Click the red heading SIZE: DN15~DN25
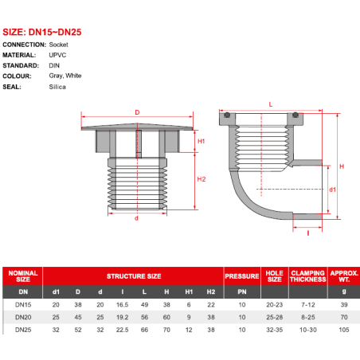42,32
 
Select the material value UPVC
57,55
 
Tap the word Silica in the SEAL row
57,87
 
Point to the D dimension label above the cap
137,112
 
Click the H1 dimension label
202,141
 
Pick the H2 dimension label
202,179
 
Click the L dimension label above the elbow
271,104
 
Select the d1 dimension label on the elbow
332,190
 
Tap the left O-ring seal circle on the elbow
227,115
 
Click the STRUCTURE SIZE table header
134,276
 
